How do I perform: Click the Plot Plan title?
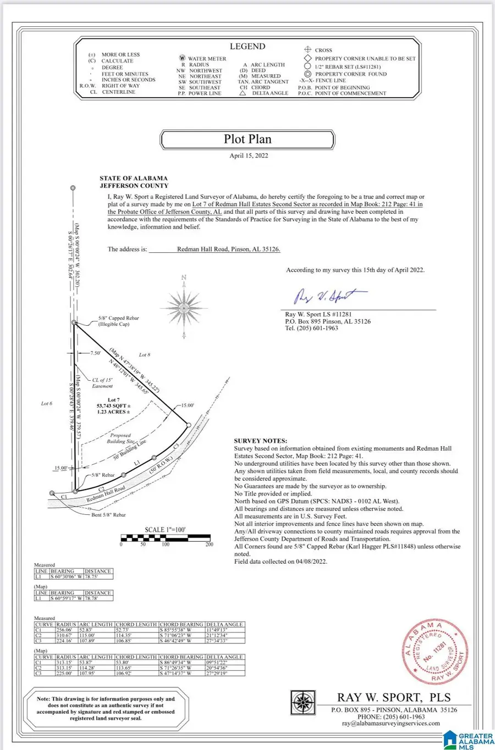(x=248, y=140)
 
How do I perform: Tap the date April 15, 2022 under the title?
(x=249, y=155)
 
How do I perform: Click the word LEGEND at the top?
(x=248, y=47)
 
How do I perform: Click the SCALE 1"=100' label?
(x=165, y=530)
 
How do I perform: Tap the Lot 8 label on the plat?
(x=145, y=355)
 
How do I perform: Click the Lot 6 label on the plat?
(x=47, y=403)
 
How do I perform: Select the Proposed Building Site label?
(x=120, y=438)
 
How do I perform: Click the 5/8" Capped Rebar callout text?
(x=118, y=318)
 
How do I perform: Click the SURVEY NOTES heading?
(x=260, y=441)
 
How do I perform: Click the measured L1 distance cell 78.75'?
(x=98, y=577)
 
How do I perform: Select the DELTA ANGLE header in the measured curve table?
(x=224, y=624)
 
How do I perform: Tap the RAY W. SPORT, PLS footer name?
(x=394, y=698)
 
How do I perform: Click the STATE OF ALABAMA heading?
(x=134, y=179)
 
